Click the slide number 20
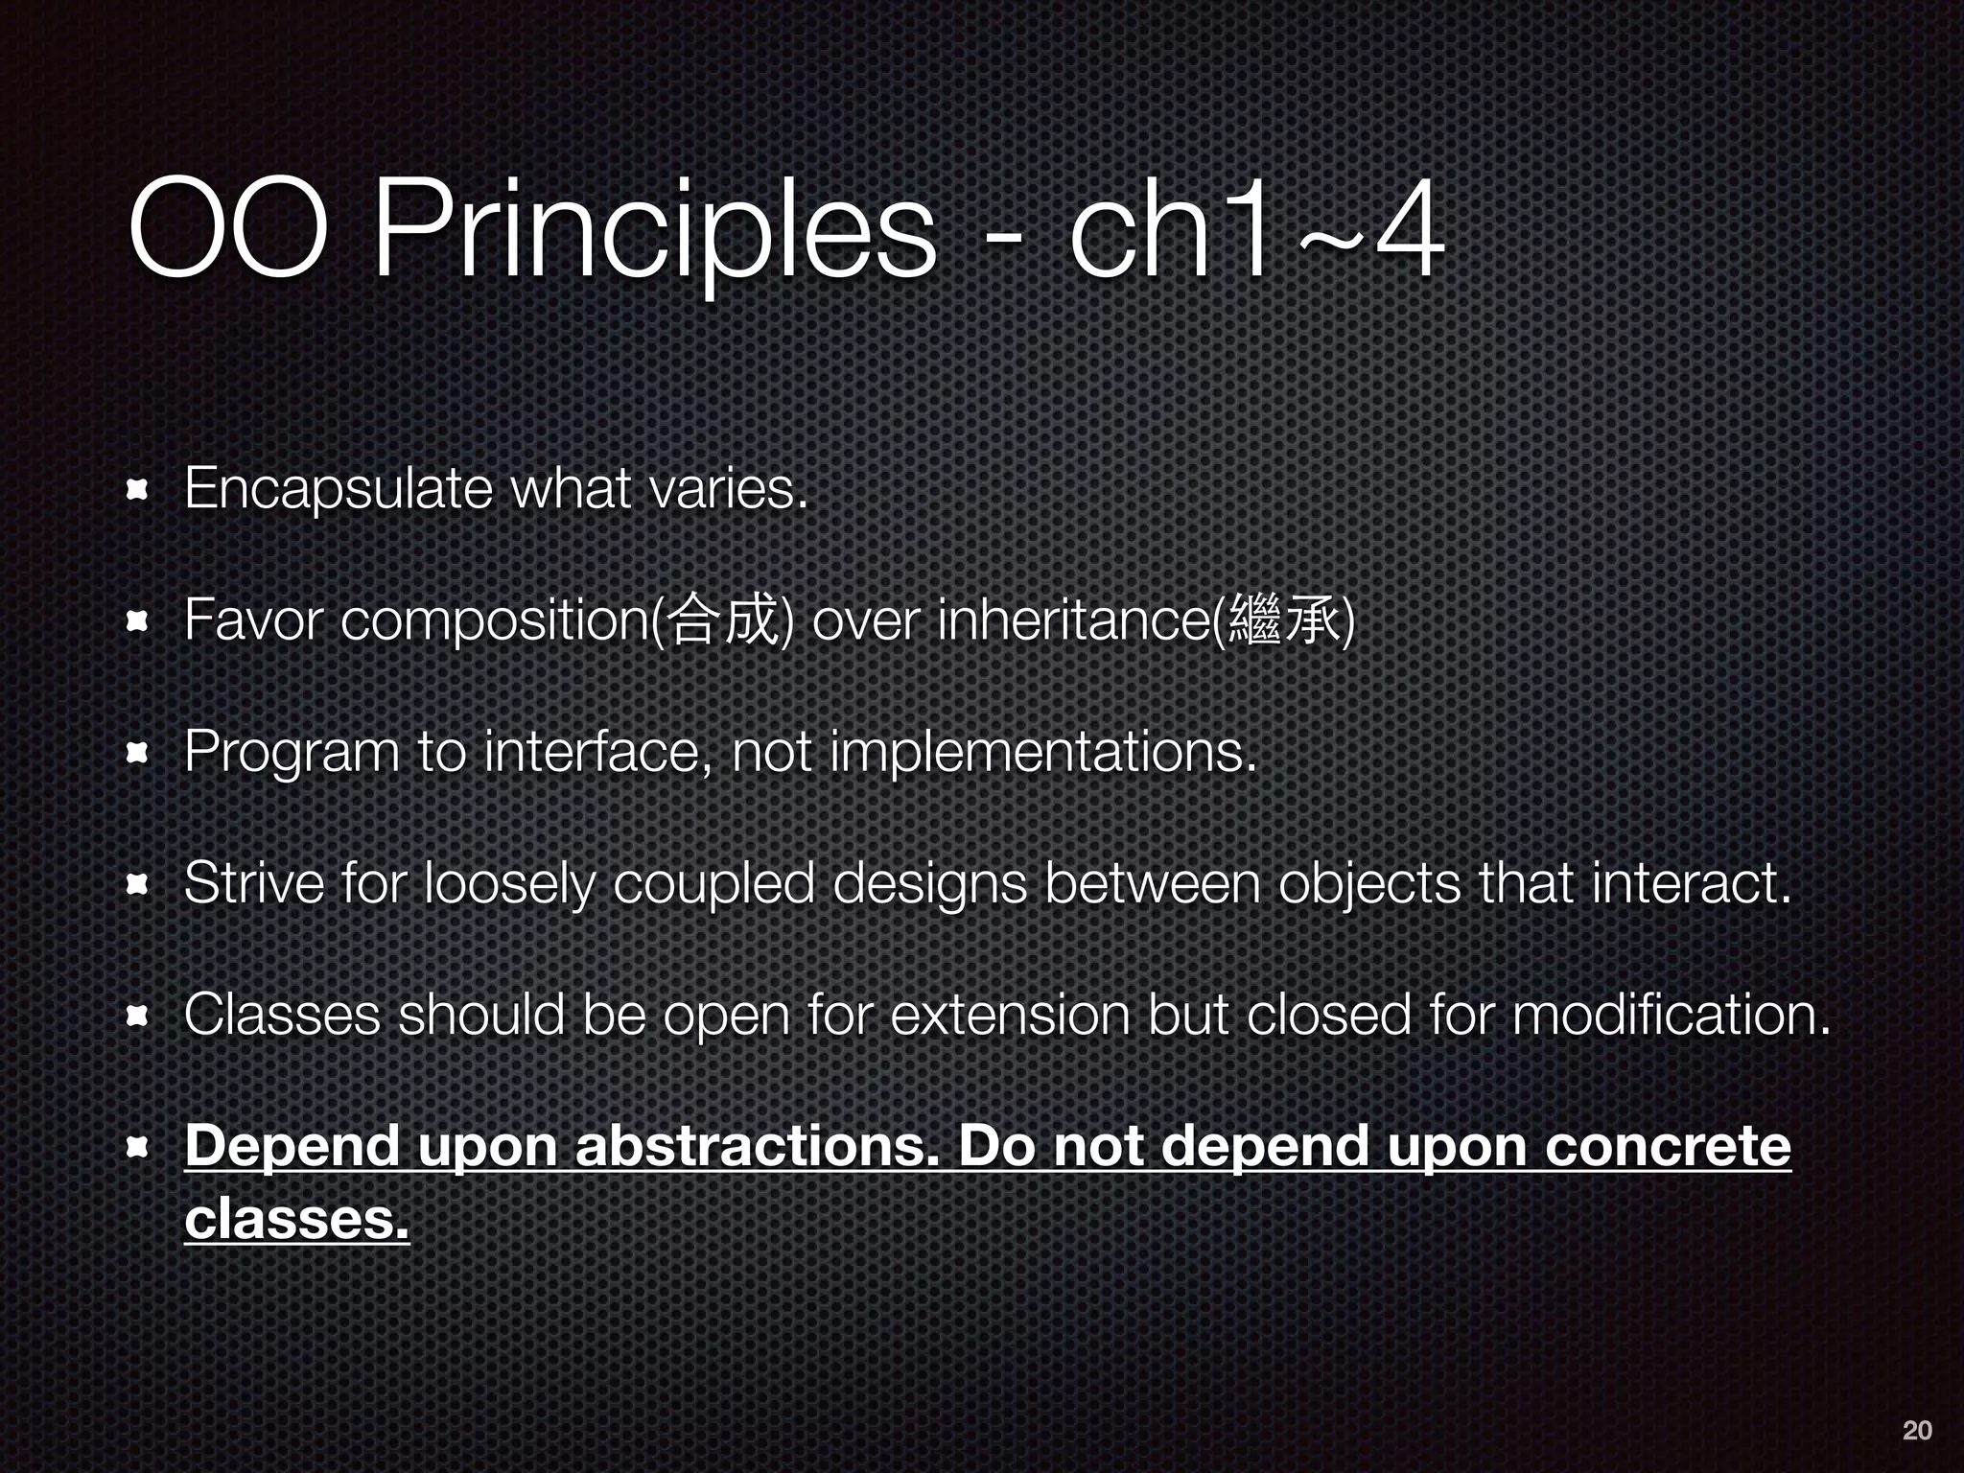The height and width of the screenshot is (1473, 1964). tap(1916, 1430)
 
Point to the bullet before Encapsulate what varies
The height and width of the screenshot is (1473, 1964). tap(136, 492)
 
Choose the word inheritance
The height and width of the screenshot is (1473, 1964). tap(1074, 620)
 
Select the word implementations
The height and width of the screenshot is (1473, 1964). tap(1042, 752)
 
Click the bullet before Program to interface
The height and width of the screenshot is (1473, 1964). tap(136, 754)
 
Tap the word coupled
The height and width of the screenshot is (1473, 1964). tap(713, 883)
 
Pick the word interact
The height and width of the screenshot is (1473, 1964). tap(1691, 883)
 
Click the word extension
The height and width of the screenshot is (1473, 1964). tap(1010, 1015)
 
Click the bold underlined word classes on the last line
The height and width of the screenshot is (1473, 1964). tap(296, 1218)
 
